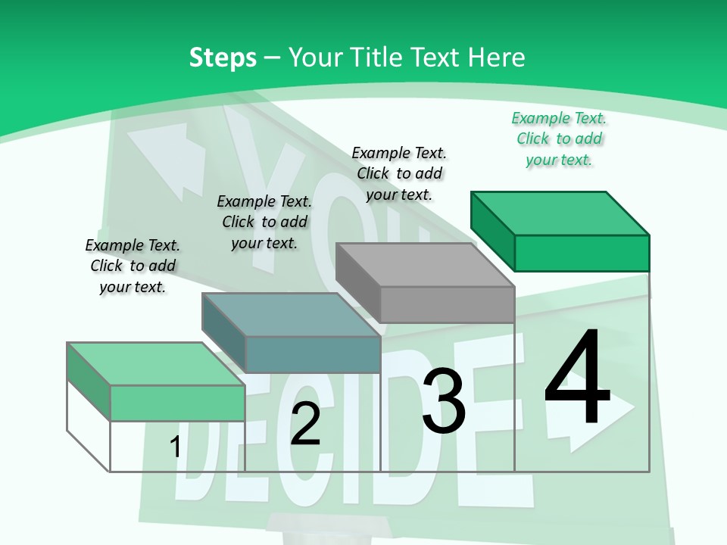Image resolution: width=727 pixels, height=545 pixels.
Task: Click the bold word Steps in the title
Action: click(x=223, y=58)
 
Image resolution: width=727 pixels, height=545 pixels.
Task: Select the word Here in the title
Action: click(x=496, y=57)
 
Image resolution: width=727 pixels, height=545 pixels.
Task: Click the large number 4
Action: click(x=577, y=375)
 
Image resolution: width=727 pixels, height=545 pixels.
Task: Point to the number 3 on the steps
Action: click(x=444, y=400)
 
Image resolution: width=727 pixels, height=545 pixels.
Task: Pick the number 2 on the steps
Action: click(x=305, y=424)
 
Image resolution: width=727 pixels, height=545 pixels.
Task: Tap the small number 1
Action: click(x=175, y=447)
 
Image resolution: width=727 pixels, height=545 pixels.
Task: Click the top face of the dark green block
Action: click(x=560, y=213)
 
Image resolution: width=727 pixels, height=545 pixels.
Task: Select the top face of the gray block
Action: click(x=425, y=265)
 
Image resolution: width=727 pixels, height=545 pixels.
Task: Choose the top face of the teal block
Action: click(x=291, y=315)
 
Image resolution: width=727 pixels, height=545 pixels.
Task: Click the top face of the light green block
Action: click(x=156, y=364)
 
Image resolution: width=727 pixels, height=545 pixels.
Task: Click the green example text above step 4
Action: click(x=559, y=139)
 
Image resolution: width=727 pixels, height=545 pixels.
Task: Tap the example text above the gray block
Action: click(x=399, y=174)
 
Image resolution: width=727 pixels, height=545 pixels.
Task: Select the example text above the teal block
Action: click(x=264, y=222)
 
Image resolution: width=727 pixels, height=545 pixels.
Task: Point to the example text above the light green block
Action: click(x=133, y=266)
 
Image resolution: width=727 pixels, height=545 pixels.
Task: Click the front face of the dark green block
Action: click(x=582, y=253)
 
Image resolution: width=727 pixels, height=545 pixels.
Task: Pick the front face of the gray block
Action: click(x=448, y=304)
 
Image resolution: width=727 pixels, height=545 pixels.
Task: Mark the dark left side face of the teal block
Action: click(x=224, y=333)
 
